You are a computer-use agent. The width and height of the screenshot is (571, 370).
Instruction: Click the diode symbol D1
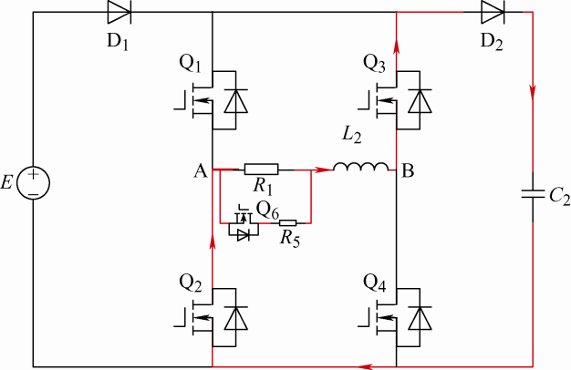pos(119,13)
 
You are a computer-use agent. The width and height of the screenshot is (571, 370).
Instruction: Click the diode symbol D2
pos(493,13)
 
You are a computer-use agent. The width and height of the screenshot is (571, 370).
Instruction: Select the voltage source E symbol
pos(33,182)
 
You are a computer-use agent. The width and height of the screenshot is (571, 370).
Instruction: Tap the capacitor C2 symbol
pos(534,194)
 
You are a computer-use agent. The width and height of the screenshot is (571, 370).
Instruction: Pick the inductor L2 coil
pos(358,169)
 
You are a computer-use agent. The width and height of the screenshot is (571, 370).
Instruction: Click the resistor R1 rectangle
pos(262,169)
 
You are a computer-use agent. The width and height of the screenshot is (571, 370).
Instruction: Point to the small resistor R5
pos(287,222)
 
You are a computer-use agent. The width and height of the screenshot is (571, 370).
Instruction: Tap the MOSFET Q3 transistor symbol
pos(397,99)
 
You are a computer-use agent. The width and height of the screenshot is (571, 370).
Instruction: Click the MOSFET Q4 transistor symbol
pos(397,315)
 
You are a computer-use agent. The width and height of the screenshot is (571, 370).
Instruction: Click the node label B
pos(410,170)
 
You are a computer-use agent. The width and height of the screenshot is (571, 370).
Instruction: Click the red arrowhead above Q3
pos(397,42)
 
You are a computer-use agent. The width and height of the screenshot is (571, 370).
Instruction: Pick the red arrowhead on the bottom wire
pos(365,366)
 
